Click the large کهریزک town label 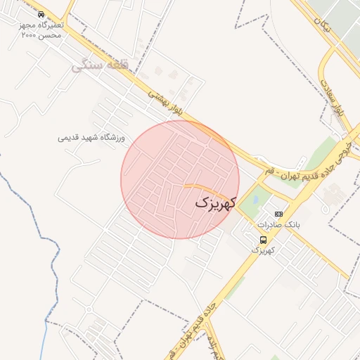click(x=213, y=202)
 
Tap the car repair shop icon click(x=41, y=14)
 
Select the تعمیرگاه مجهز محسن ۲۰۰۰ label click(x=41, y=30)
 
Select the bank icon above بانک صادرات click(x=279, y=214)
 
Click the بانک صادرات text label click(x=279, y=225)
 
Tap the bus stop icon click(x=263, y=239)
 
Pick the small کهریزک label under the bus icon click(x=263, y=250)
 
